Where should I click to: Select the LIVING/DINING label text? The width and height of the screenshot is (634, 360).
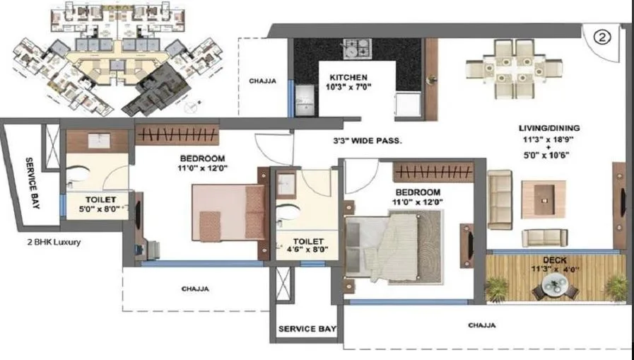pos(549,128)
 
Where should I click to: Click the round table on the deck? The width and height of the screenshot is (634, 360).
pos(556,287)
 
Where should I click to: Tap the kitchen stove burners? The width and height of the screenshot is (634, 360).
pos(356,48)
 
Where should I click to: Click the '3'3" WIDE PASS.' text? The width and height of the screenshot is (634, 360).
pos(368,141)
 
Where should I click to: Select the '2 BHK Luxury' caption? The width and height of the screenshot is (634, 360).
pos(51,242)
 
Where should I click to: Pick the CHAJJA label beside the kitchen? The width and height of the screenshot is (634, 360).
pos(262,81)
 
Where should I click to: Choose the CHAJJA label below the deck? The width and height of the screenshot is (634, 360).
pos(481,325)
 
